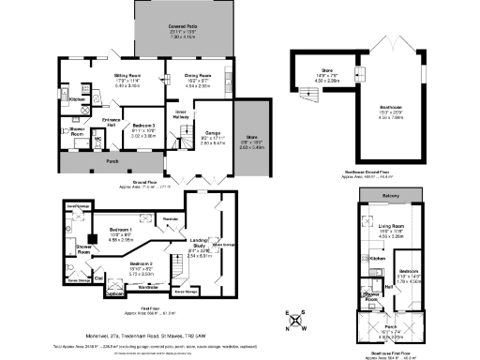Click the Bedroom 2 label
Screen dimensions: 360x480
[142, 265]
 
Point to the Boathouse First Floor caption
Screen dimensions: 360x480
[391, 352]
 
